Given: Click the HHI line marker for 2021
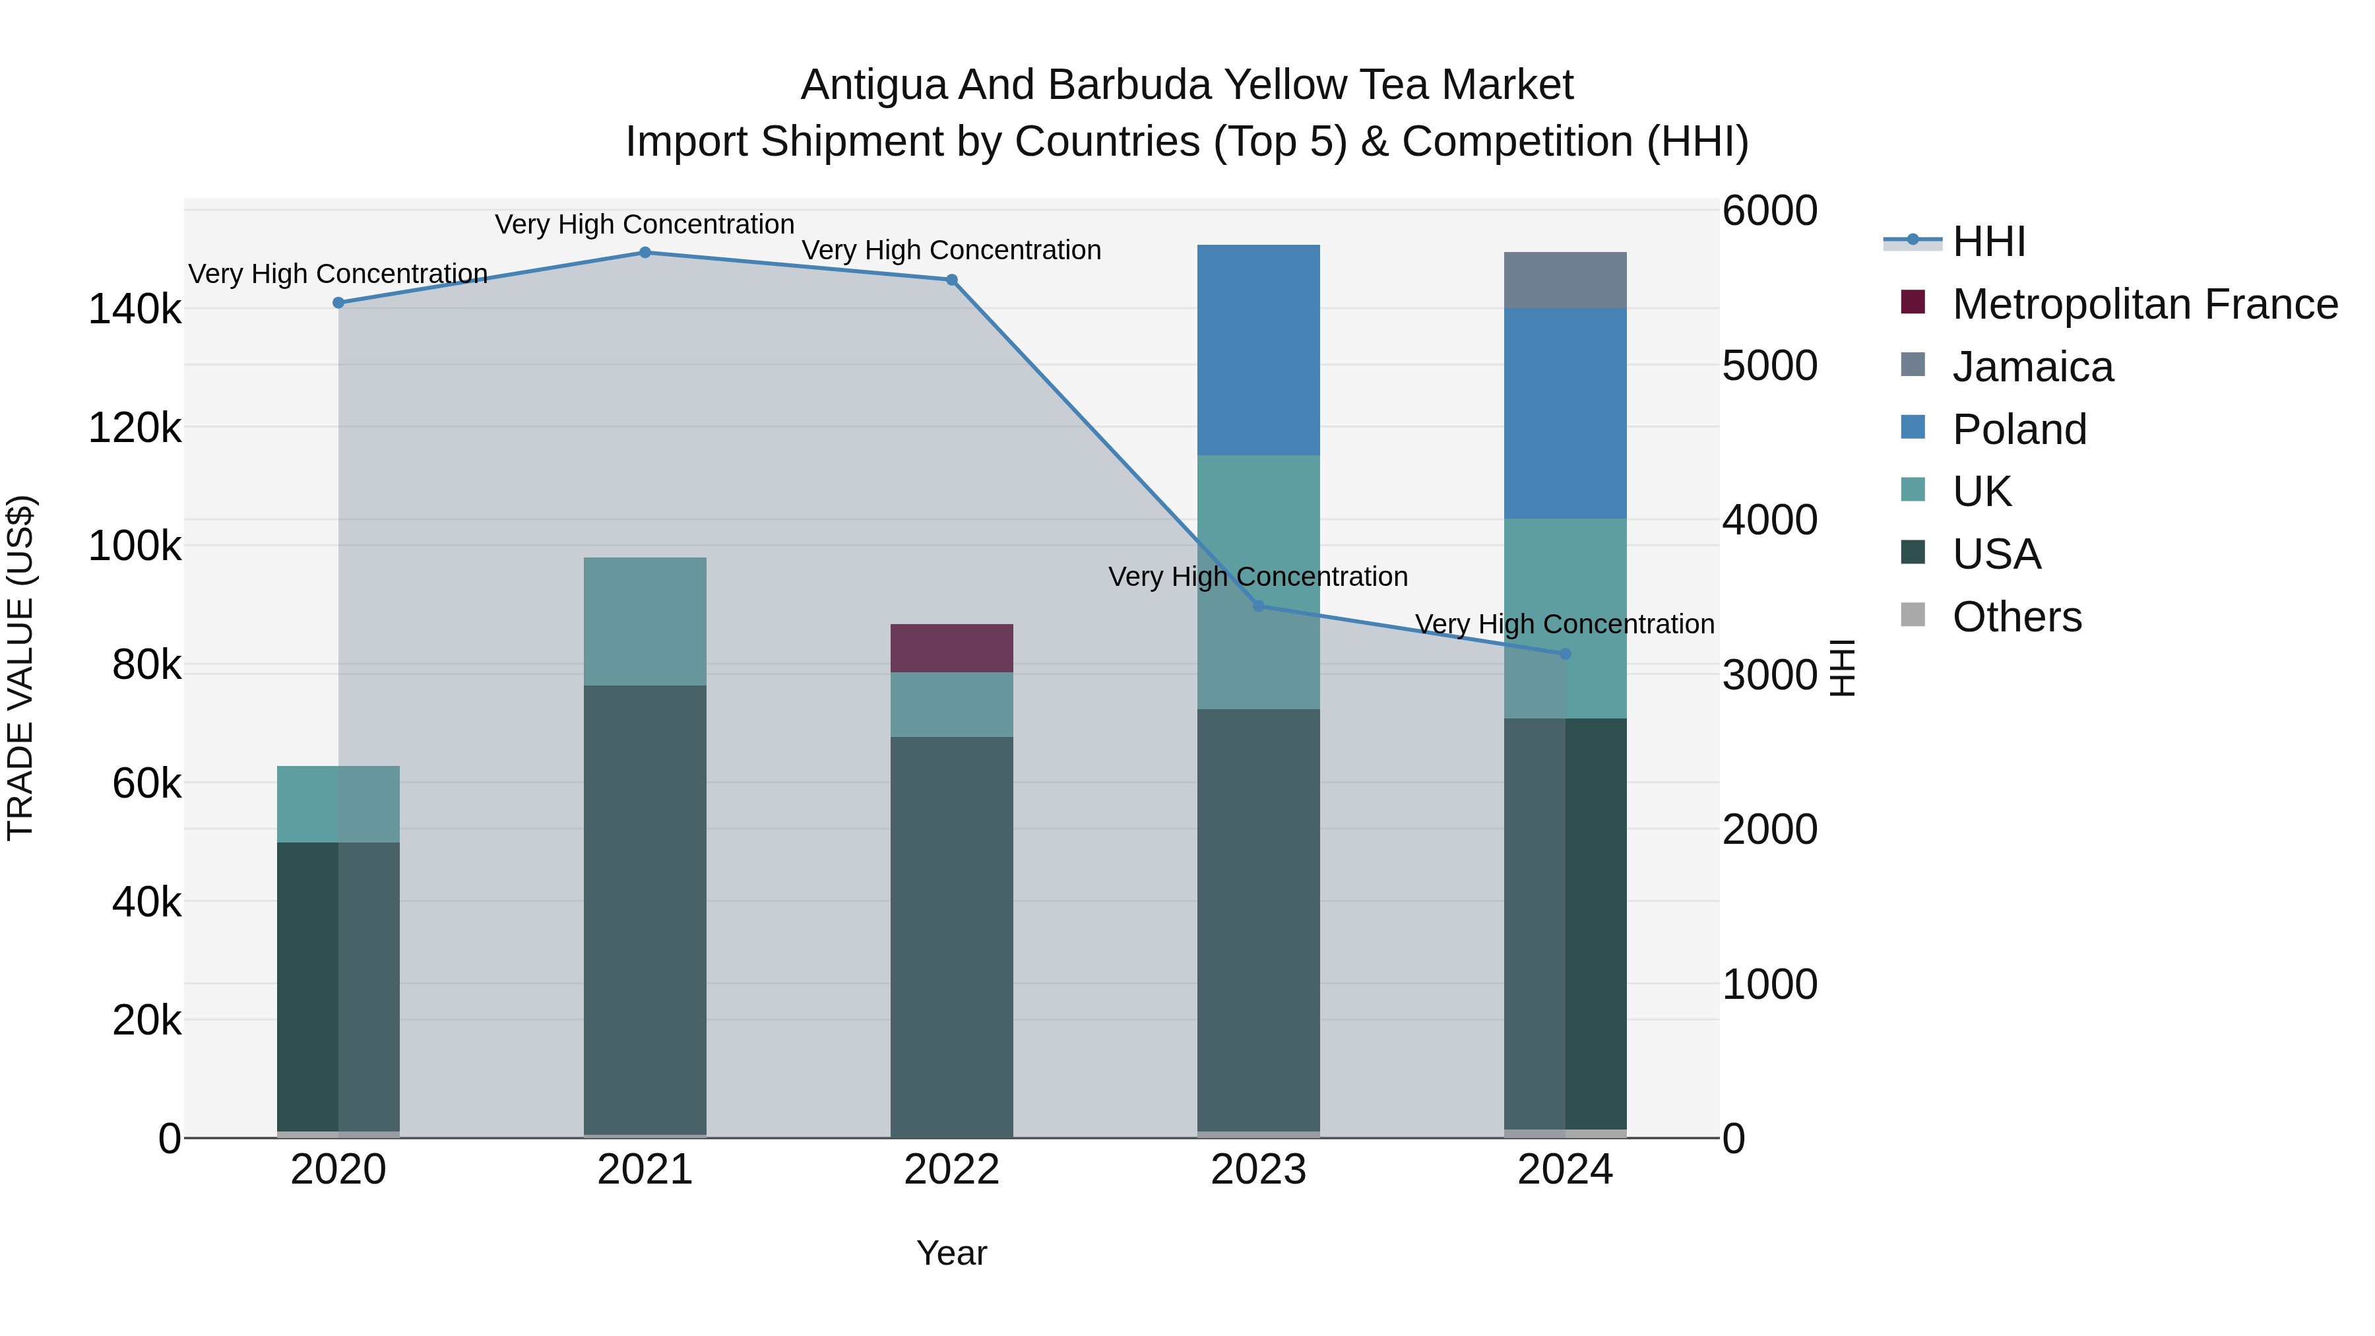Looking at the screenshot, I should (x=645, y=253).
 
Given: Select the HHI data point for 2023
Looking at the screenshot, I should (x=1259, y=606).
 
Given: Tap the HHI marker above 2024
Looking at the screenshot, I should (x=1565, y=654).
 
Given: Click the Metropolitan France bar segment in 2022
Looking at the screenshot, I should (x=951, y=648).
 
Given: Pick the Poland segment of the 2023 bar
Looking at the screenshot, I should (x=1259, y=350).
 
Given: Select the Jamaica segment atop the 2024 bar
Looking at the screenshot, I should (x=1565, y=280).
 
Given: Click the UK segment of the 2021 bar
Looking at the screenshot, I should (x=645, y=621).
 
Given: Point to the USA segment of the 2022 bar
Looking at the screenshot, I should (x=951, y=936).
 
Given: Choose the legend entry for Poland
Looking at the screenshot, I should (x=2019, y=429).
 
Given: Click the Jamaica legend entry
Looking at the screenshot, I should (x=2032, y=367).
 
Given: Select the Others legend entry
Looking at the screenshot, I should (x=2016, y=617).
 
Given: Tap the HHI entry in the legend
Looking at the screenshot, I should (x=1988, y=241).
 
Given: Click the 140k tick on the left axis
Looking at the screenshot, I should (x=135, y=310).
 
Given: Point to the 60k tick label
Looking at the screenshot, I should (x=146, y=784).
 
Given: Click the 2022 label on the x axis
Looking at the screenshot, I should (x=951, y=1170).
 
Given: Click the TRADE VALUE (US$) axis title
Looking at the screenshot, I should (x=20, y=668).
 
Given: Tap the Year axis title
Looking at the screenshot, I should (x=951, y=1253).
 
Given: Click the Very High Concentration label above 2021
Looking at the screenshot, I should (x=645, y=224).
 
